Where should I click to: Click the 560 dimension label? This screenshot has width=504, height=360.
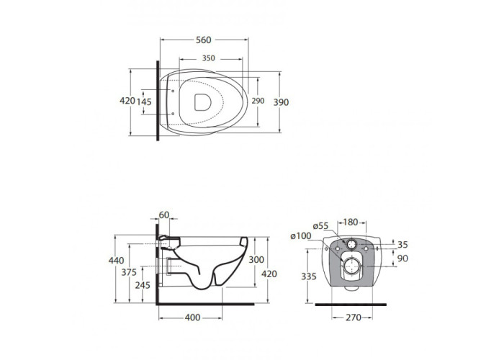click(204, 40)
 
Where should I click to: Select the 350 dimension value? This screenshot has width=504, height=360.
click(208, 58)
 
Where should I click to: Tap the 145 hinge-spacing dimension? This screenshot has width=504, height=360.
click(144, 102)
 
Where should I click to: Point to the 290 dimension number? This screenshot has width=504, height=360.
click(258, 101)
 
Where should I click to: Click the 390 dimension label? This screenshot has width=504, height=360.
click(281, 102)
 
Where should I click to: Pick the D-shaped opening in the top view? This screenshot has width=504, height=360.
click(203, 102)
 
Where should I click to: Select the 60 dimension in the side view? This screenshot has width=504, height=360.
click(164, 215)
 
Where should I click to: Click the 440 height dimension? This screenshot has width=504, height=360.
click(116, 260)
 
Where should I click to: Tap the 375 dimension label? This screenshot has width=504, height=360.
click(129, 272)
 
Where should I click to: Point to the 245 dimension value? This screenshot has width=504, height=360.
click(143, 285)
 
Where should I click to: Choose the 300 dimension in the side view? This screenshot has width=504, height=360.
click(256, 259)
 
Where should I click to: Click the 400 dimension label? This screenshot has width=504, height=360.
click(192, 318)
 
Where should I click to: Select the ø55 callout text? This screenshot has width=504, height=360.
click(320, 226)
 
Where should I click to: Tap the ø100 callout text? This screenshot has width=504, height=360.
click(301, 236)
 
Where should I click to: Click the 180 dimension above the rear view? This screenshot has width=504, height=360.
click(351, 222)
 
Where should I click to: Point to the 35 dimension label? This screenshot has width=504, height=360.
click(402, 245)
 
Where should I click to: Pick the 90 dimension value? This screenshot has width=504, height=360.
click(402, 258)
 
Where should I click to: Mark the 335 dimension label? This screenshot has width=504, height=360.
click(309, 276)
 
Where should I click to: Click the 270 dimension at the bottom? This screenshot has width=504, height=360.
click(354, 318)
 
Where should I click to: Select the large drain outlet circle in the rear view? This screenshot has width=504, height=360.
click(351, 266)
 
